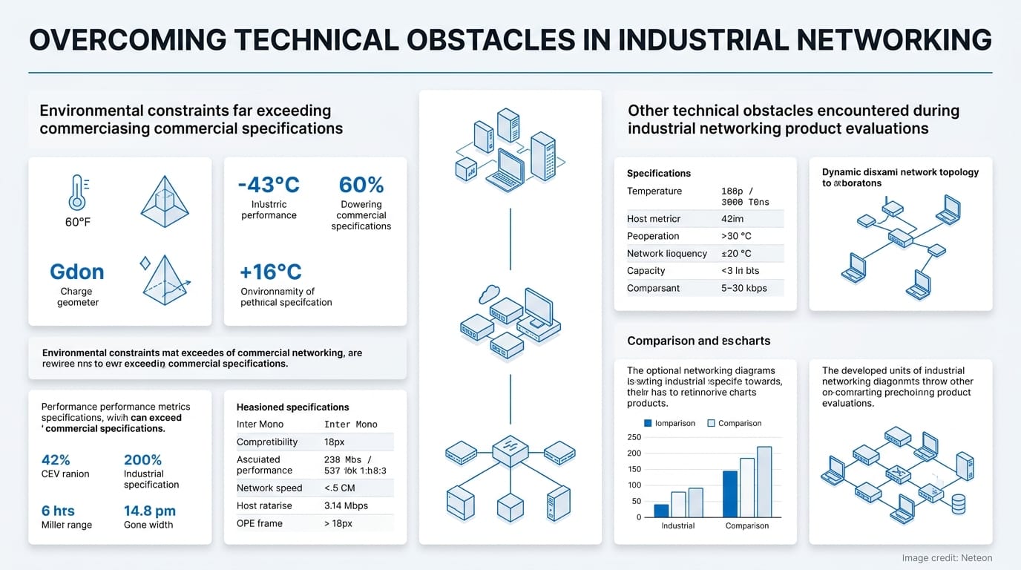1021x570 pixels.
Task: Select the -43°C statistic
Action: [x=269, y=184]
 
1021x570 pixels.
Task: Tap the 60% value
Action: [x=361, y=184]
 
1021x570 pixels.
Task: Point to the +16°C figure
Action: [x=270, y=271]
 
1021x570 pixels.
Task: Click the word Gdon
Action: [x=77, y=272]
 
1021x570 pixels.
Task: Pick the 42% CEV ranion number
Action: [x=56, y=459]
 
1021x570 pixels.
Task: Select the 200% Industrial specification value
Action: [x=142, y=459]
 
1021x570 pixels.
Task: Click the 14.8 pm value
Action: [x=149, y=511]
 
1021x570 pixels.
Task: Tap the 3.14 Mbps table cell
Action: [x=346, y=505]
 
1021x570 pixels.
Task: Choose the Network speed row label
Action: [x=269, y=488]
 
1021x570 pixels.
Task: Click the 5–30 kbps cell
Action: [x=743, y=288]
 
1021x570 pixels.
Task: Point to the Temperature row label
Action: [x=654, y=191]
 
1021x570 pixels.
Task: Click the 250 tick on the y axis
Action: [x=634, y=437]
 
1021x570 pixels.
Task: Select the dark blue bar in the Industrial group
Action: [x=661, y=511]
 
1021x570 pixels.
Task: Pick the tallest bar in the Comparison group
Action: [x=764, y=482]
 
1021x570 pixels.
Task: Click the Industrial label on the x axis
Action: [x=677, y=525]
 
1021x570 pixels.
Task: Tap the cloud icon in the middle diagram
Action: [x=489, y=295]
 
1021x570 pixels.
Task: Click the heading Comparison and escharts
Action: [x=698, y=341]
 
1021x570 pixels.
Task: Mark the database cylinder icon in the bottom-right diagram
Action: [x=958, y=504]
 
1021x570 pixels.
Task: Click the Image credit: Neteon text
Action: [x=946, y=558]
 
